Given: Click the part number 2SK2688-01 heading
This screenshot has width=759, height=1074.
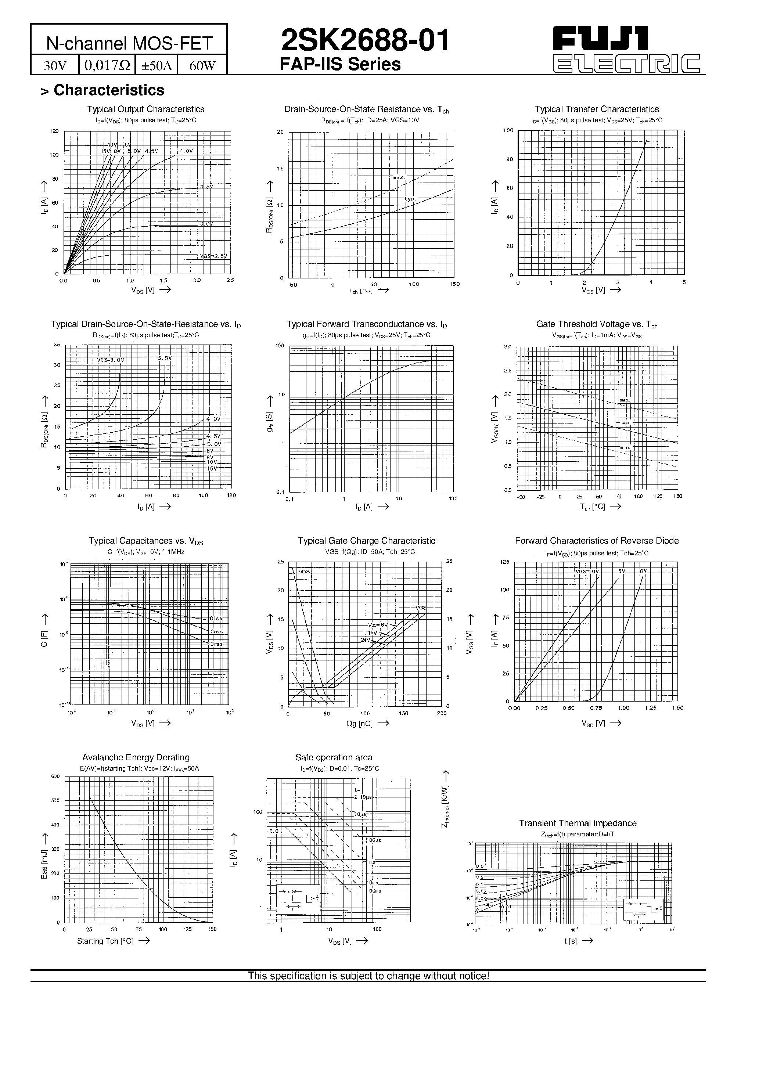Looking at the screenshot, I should pyautogui.click(x=365, y=41).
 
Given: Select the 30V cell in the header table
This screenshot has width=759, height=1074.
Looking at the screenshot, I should pyautogui.click(x=55, y=65).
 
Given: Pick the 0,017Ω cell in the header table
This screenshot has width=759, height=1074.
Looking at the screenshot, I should pyautogui.click(x=107, y=65).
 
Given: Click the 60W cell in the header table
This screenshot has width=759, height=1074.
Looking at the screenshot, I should pyautogui.click(x=202, y=65).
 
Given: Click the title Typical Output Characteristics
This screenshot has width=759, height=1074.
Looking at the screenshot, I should pyautogui.click(x=145, y=109).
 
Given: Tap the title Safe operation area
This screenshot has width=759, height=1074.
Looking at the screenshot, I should pyautogui.click(x=334, y=757).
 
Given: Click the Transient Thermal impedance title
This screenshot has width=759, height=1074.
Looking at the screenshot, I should pyautogui.click(x=578, y=823).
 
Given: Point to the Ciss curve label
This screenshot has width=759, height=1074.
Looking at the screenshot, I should pyautogui.click(x=216, y=619).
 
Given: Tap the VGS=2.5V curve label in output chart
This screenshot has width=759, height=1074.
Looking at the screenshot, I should pyautogui.click(x=213, y=256).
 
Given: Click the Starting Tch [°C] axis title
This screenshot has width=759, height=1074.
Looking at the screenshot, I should pyautogui.click(x=105, y=941).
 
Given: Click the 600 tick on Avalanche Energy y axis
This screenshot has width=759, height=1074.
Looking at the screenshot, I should pyautogui.click(x=55, y=777).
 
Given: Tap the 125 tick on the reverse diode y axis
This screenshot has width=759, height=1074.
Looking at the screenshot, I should pyautogui.click(x=504, y=562).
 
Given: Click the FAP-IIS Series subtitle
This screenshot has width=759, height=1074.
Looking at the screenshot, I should pyautogui.click(x=340, y=65).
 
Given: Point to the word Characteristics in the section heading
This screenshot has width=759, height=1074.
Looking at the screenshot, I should pyautogui.click(x=109, y=90).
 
